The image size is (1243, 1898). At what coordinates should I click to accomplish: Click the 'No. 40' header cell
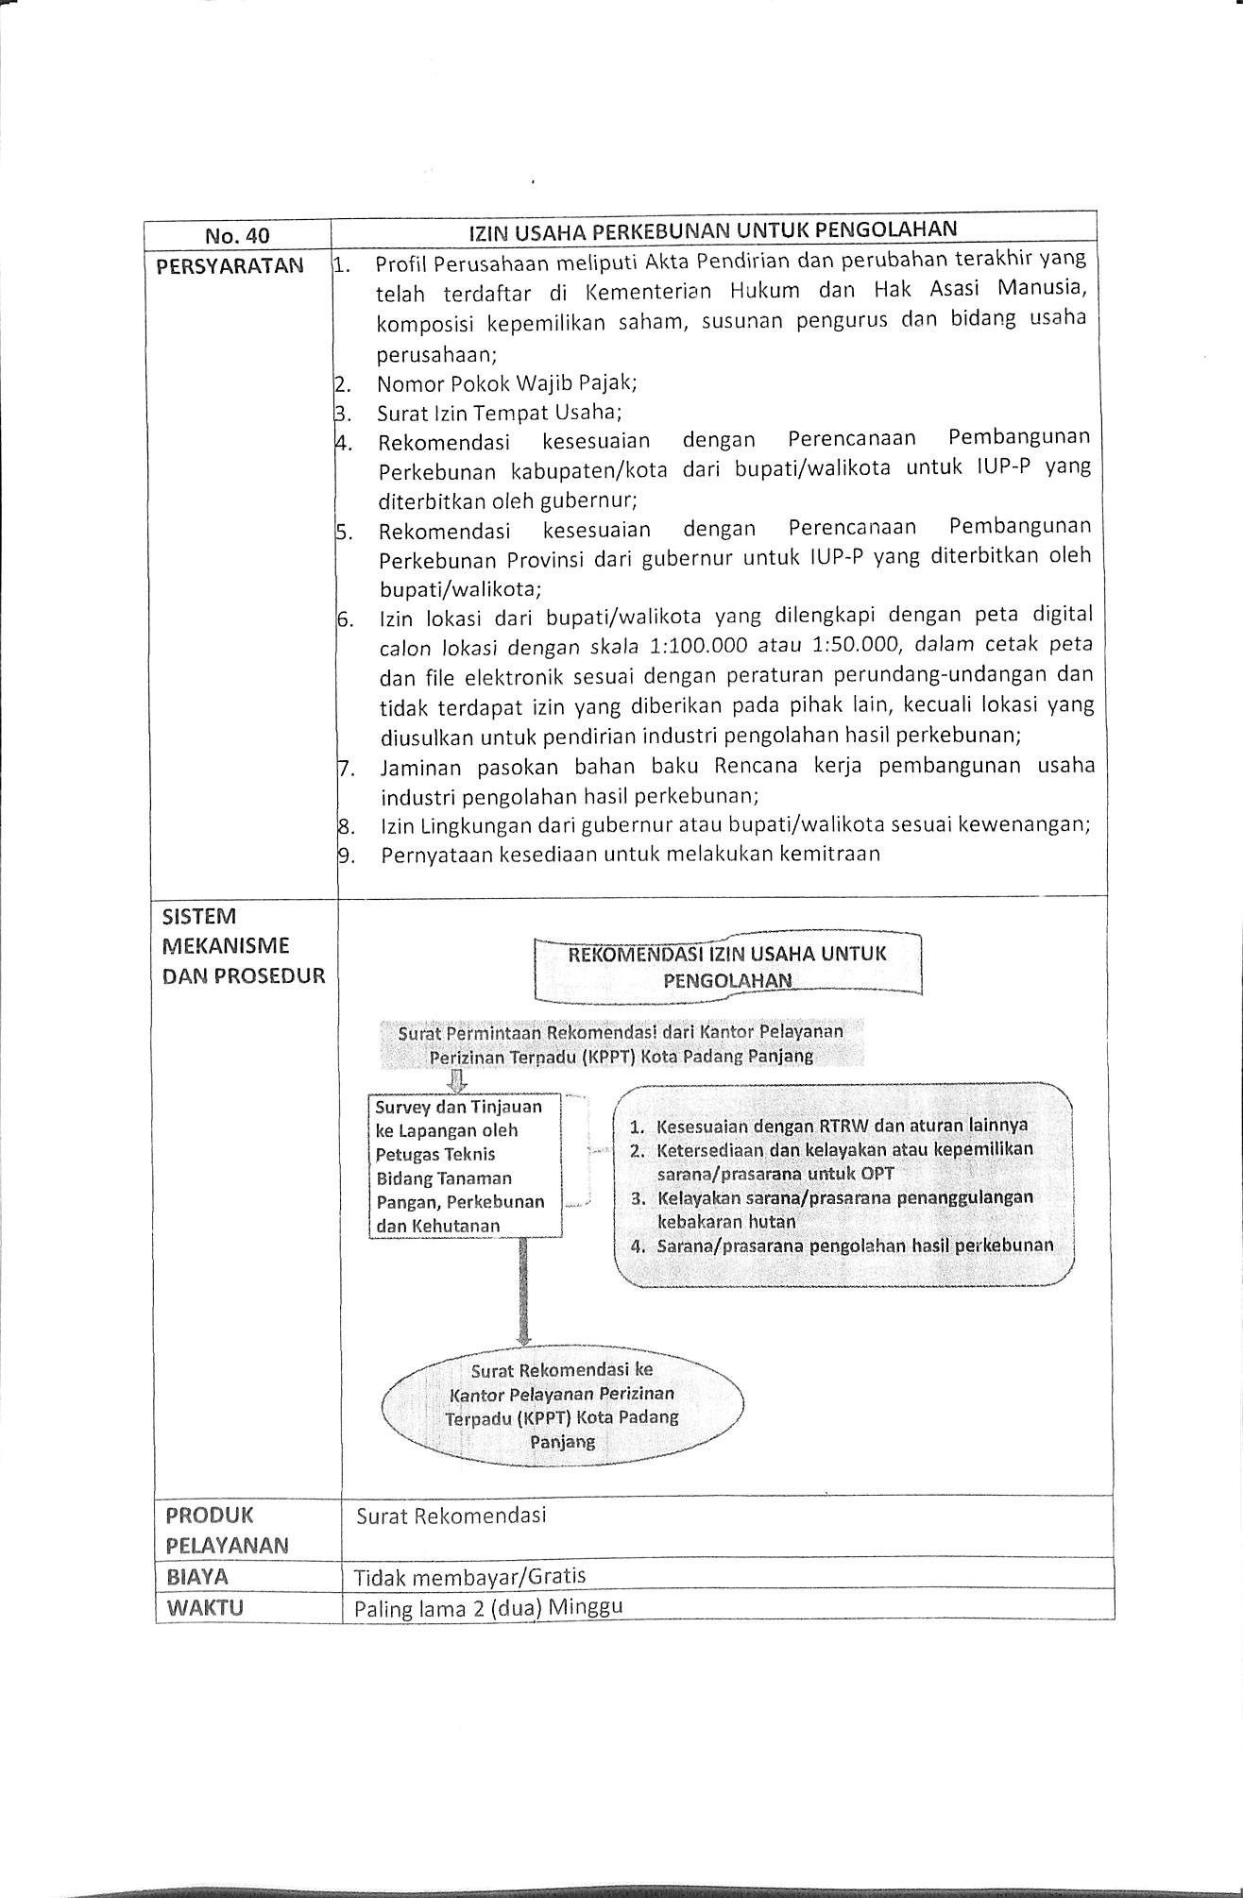pos(237,236)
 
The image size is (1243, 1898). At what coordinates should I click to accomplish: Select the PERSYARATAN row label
pos(230,266)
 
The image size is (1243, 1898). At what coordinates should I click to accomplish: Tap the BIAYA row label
pos(196,1576)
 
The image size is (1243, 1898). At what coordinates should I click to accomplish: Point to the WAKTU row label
pos(204,1607)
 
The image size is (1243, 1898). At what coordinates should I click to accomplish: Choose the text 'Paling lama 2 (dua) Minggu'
pos(488,1607)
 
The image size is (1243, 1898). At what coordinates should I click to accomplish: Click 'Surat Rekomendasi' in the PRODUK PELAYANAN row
pos(451,1516)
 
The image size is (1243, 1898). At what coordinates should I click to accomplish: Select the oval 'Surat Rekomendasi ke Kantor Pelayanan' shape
pos(563,1405)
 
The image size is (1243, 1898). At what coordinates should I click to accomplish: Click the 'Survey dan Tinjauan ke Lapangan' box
pos(463,1165)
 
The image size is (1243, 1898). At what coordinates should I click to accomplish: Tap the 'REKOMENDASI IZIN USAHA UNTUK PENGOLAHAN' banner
pos(727,966)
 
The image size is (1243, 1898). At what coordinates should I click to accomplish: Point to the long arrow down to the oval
pos(522,1291)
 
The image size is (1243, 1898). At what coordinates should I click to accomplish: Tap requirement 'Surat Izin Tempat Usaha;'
pos(499,413)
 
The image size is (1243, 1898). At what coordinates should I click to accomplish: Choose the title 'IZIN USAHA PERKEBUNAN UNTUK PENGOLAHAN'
pos(713,229)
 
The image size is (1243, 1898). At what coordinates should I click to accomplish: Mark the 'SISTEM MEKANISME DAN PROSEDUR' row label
pos(243,946)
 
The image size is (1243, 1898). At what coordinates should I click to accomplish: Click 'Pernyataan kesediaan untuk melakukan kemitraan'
pos(630,855)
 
